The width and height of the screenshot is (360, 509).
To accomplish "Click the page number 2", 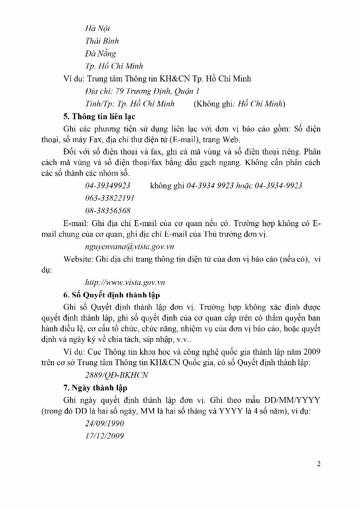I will click(318, 463).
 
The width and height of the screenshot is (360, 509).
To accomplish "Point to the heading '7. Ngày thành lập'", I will click(99, 387).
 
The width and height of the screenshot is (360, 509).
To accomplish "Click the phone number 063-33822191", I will click(110, 198).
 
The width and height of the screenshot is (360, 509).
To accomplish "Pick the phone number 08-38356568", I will click(107, 210).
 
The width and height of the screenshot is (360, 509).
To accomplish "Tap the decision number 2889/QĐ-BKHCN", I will click(116, 375).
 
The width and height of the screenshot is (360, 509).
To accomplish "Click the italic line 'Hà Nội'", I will click(98, 28).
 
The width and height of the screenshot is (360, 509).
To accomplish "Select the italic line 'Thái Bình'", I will click(102, 41).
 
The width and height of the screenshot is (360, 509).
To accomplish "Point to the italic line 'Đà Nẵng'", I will click(100, 53).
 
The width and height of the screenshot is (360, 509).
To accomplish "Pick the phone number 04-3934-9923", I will click(278, 186).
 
